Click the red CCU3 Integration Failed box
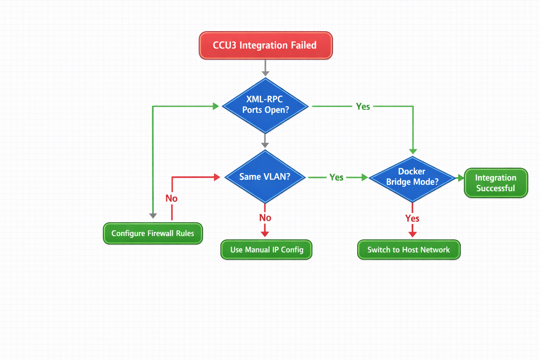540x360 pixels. click(265, 45)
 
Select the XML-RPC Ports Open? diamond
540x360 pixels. click(265, 105)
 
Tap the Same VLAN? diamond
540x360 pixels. click(265, 177)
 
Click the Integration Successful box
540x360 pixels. click(496, 183)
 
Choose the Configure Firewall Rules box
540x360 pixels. click(153, 233)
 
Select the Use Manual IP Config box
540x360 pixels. click(266, 250)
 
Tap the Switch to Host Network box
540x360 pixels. click(409, 250)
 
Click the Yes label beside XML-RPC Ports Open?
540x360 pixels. click(363, 107)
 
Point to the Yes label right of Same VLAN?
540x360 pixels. click(336, 178)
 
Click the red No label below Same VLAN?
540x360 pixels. click(265, 218)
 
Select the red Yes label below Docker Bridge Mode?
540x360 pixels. click(412, 218)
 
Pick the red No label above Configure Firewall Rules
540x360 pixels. click(172, 199)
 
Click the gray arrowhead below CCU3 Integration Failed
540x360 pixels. click(265, 73)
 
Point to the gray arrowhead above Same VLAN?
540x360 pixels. click(265, 145)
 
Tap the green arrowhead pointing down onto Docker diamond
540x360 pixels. click(413, 151)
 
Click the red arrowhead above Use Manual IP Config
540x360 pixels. click(265, 234)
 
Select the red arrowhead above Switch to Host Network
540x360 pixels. click(412, 234)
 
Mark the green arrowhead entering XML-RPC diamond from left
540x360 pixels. click(216, 106)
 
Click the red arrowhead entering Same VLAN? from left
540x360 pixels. click(217, 177)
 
